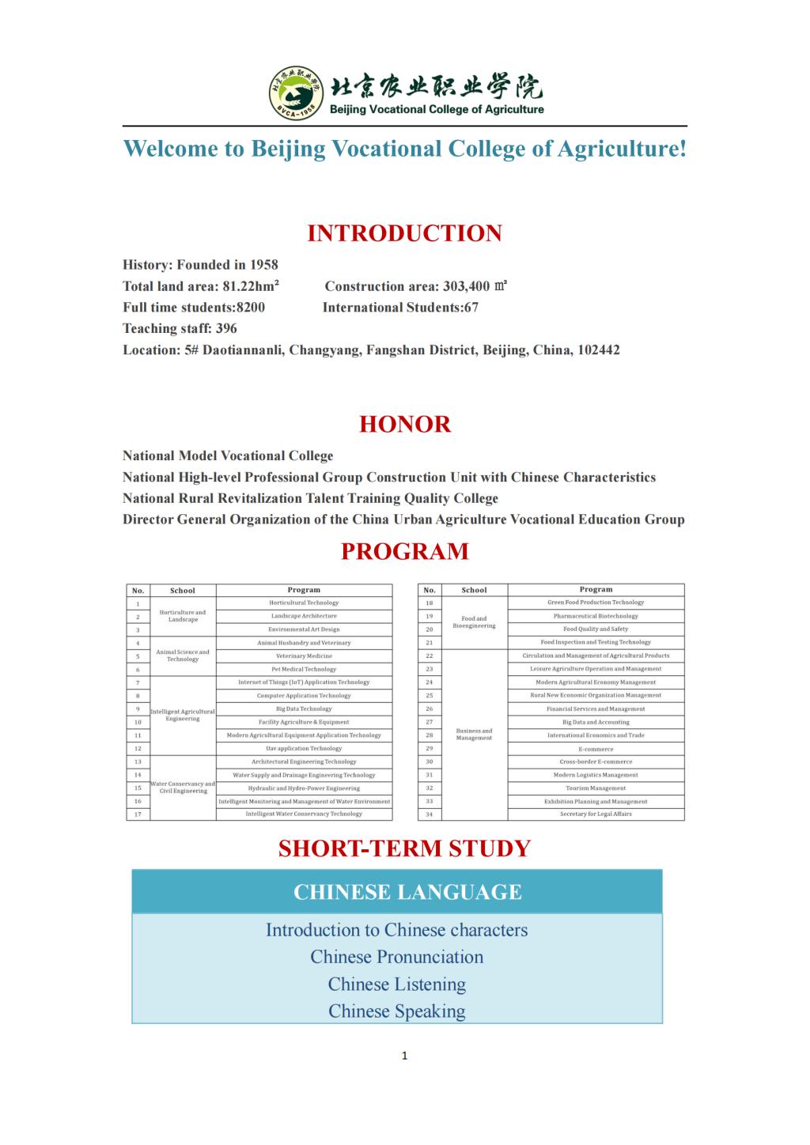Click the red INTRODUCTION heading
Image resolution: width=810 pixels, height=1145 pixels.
click(404, 233)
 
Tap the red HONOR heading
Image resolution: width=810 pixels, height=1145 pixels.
click(404, 425)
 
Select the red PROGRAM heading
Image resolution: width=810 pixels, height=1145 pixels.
click(404, 551)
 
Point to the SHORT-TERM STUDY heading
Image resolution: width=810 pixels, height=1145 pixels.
click(404, 848)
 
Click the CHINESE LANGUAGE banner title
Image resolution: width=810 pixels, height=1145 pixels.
click(407, 892)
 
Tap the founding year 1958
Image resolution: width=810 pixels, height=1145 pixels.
click(264, 265)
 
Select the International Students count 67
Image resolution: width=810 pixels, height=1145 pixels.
click(471, 308)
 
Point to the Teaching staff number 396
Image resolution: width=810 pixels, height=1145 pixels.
click(226, 329)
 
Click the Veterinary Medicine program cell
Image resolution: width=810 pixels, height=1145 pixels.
click(304, 656)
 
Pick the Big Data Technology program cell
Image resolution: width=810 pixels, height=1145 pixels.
click(304, 709)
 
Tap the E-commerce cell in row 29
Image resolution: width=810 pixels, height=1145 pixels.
click(596, 749)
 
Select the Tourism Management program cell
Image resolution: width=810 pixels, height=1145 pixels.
click(596, 788)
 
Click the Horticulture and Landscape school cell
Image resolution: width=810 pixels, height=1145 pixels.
click(183, 616)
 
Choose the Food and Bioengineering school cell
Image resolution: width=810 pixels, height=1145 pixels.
click(474, 622)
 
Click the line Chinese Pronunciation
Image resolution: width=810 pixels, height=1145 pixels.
click(396, 957)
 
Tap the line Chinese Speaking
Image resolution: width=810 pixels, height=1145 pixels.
click(396, 1011)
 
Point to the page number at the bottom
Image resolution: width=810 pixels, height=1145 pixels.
click(404, 1056)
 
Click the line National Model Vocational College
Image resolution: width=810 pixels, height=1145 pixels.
click(228, 456)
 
